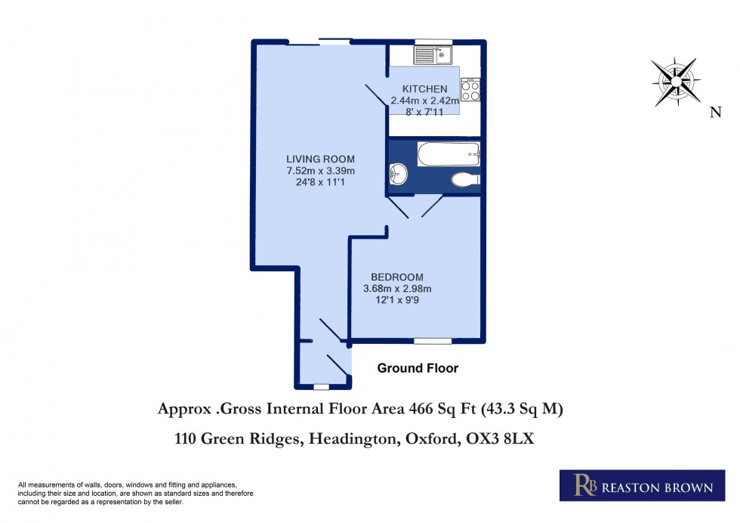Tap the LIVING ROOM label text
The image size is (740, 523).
point(320,159)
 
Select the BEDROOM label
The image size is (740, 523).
point(397,277)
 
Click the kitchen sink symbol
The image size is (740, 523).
point(432,54)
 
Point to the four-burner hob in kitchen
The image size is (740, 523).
point(470,90)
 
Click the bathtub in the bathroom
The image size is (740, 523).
point(449,154)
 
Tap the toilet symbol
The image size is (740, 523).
point(464,179)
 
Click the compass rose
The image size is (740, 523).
point(676,80)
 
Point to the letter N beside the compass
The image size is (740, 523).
point(714,113)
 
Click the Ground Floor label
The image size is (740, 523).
point(418,369)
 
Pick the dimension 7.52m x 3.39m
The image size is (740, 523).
point(320,171)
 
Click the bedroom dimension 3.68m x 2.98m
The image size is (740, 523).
point(397,289)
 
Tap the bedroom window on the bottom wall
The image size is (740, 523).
point(433,341)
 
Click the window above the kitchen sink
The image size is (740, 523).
point(433,42)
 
